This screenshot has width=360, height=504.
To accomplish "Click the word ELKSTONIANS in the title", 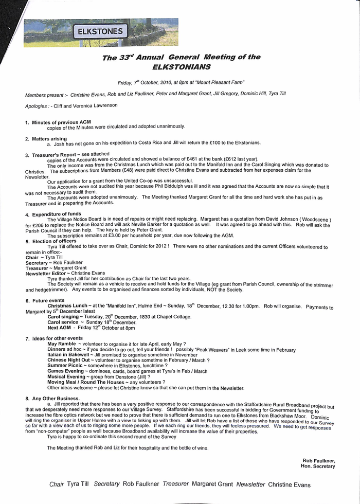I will pos(182,66).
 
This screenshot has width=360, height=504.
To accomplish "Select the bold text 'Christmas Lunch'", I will pos(67,305).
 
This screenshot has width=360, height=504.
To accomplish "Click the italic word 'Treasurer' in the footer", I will pos(176,484).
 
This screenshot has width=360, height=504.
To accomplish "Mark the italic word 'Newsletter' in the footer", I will pos(250,484).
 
